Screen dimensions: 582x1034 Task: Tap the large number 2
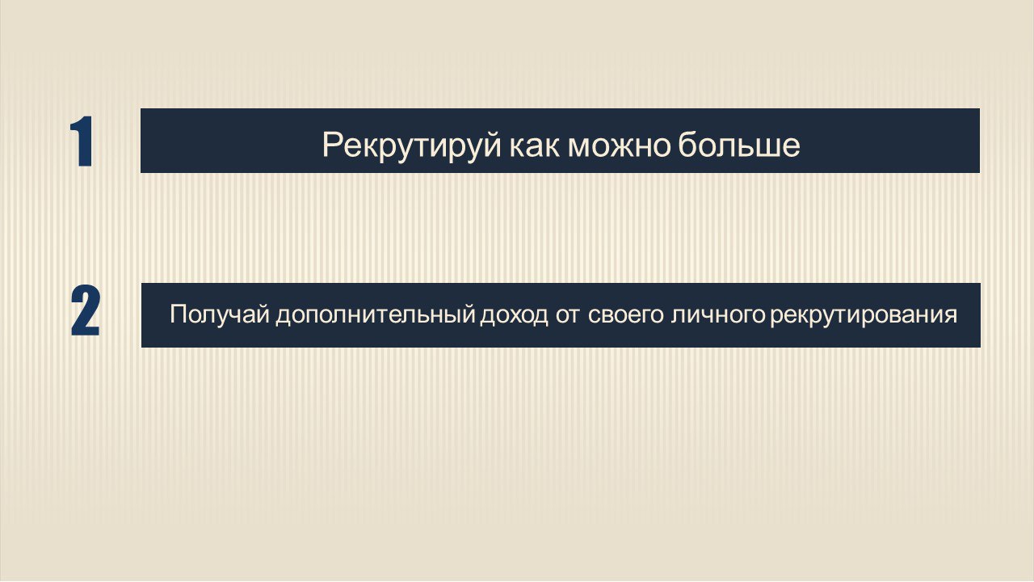point(86,312)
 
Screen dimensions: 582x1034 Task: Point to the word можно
point(619,145)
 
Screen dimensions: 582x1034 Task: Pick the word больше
point(739,145)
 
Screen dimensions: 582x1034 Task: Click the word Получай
point(219,314)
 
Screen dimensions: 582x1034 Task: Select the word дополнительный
point(375,314)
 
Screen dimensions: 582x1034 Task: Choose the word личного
point(717,314)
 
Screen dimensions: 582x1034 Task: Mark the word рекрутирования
point(864,314)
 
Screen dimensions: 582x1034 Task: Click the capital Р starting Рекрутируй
point(331,145)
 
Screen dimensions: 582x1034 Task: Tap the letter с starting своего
point(592,315)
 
